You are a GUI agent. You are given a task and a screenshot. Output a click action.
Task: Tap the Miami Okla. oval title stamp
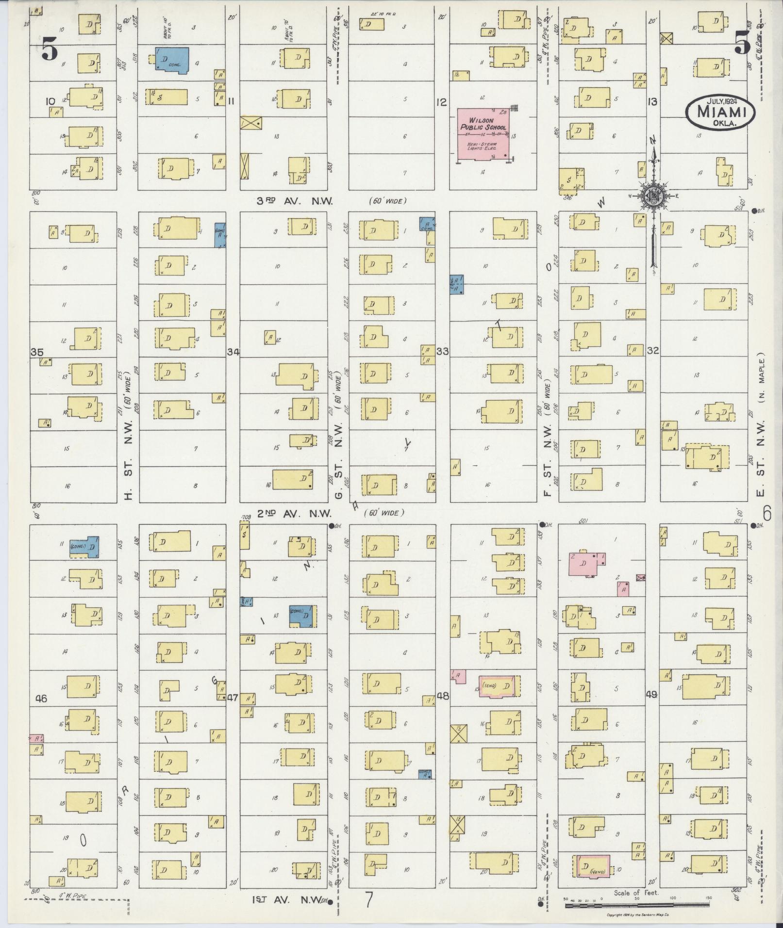coord(720,112)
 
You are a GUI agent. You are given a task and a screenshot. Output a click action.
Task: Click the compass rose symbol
coord(653,195)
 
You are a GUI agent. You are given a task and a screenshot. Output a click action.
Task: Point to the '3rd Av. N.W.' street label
coord(295,201)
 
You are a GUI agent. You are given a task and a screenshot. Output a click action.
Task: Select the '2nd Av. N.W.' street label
coord(294,513)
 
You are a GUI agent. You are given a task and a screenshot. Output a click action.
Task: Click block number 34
coord(233,352)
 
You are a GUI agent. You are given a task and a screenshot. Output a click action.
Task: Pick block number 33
coord(442,351)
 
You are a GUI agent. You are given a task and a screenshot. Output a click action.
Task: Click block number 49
coord(651,695)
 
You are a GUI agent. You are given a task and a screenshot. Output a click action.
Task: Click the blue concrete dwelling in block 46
coord(84,547)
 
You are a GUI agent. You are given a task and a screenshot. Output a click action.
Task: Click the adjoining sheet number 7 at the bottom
coord(369,900)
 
